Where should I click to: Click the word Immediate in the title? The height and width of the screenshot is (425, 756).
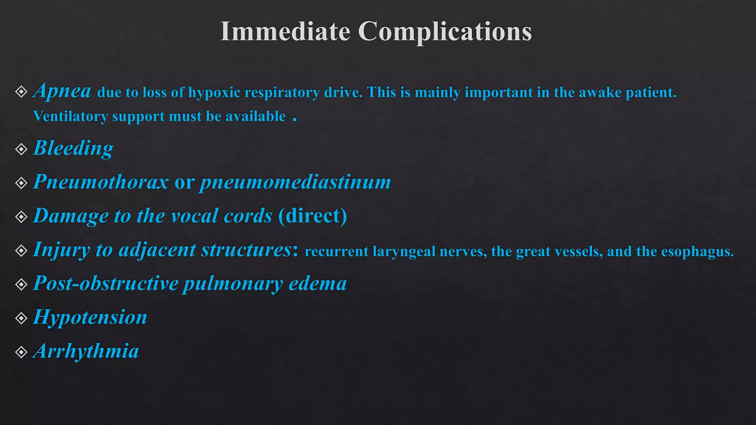(x=285, y=31)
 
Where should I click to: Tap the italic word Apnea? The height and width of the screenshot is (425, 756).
(x=62, y=91)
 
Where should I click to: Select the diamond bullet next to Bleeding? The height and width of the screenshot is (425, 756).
(x=21, y=149)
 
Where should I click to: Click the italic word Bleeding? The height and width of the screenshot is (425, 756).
(x=73, y=148)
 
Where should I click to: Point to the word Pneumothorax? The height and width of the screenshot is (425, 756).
(x=101, y=182)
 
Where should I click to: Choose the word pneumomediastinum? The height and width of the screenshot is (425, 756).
(x=295, y=182)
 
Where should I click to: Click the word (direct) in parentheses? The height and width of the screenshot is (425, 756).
(x=313, y=216)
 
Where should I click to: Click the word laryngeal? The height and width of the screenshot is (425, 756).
(x=404, y=252)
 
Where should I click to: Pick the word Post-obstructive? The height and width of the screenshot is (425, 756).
(x=106, y=284)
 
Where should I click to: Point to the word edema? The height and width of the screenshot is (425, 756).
(x=317, y=284)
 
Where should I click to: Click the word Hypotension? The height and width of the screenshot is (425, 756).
(x=90, y=318)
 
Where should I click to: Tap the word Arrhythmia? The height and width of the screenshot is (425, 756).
(x=86, y=351)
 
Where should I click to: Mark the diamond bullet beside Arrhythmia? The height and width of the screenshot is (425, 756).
(x=21, y=352)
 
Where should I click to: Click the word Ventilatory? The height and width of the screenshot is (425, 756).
(x=71, y=117)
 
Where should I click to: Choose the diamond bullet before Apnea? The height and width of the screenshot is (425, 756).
(x=21, y=91)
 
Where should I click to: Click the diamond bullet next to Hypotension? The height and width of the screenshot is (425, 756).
(x=21, y=318)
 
